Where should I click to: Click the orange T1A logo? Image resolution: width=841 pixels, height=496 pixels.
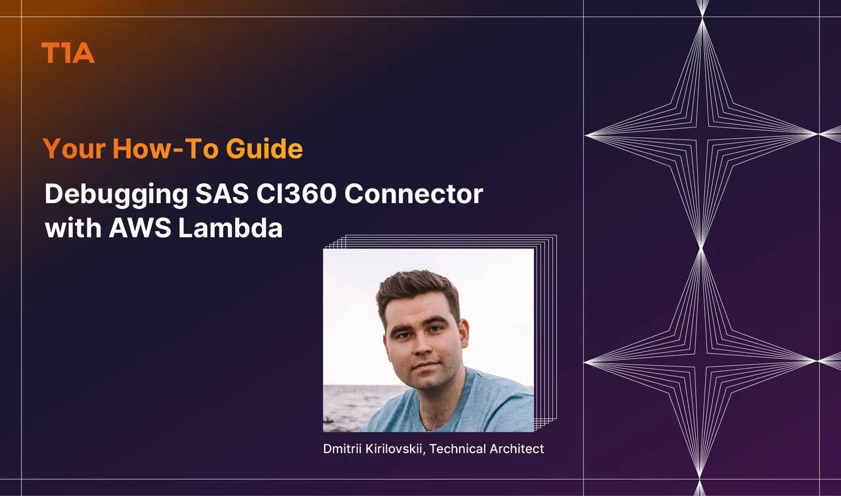coord(68,53)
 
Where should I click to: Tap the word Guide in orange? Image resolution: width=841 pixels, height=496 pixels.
coord(264,148)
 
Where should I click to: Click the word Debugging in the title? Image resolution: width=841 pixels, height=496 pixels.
coord(116,195)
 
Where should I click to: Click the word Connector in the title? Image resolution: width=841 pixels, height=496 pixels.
coord(413,194)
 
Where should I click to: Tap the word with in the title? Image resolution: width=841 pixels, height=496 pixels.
coord(73,227)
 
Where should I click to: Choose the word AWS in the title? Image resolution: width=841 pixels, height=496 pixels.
coord(140,227)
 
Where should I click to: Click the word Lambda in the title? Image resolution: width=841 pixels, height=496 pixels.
coord(231,227)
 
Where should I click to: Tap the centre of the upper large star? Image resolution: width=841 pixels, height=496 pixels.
coord(701,133)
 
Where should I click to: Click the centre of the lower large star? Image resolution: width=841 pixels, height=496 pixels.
coord(700,361)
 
